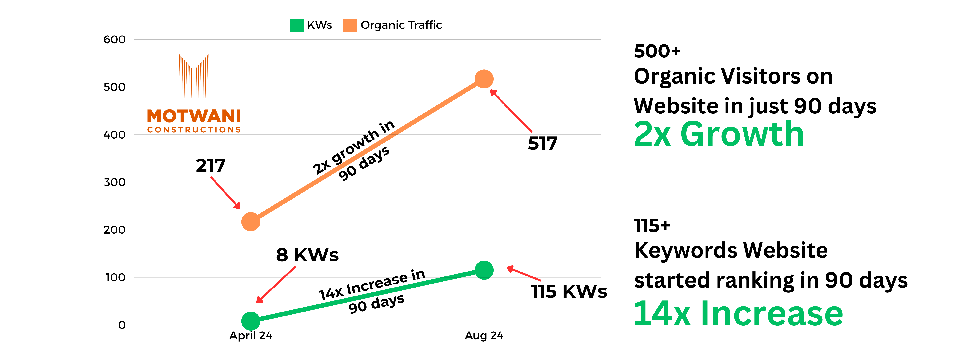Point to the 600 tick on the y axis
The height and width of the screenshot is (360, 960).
[114, 40]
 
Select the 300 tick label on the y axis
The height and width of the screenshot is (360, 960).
[114, 182]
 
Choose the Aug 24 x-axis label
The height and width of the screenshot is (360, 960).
[484, 336]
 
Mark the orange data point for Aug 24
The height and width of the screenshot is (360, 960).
[484, 79]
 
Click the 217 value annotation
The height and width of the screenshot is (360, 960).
[211, 165]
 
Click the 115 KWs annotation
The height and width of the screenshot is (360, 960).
[569, 291]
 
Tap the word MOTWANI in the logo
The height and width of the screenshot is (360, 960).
[194, 116]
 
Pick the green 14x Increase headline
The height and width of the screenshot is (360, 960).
[738, 314]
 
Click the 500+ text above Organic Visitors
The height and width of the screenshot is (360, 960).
[657, 51]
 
